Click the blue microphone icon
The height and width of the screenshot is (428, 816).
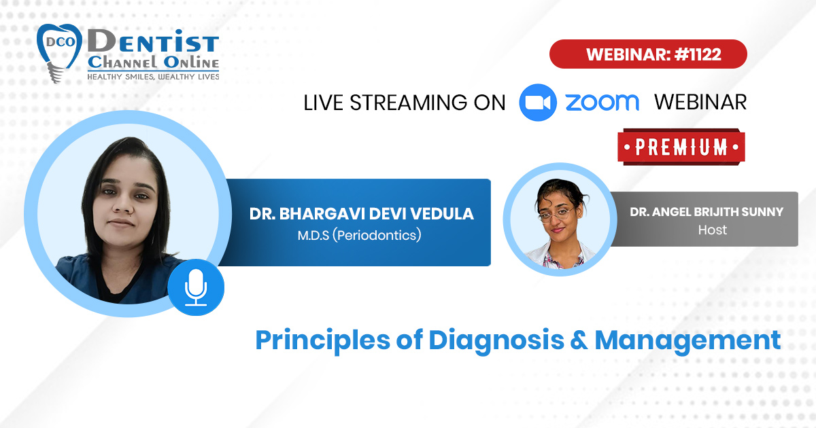(x=196, y=287)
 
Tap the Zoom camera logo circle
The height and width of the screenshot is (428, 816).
(x=538, y=103)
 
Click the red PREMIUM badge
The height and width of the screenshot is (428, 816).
(x=681, y=147)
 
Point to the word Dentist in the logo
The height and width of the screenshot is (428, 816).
(x=154, y=41)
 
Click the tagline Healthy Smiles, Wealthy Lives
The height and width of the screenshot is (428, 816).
(x=153, y=77)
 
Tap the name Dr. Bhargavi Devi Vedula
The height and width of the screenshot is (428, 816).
(x=361, y=213)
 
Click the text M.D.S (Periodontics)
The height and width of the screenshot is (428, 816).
(x=359, y=235)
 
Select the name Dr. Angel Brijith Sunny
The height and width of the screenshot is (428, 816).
(x=707, y=212)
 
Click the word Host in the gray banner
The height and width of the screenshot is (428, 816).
(x=712, y=230)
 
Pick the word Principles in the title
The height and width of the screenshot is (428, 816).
(x=323, y=340)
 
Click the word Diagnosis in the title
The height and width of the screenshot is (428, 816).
(x=496, y=340)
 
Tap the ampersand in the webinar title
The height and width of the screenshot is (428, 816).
(x=579, y=340)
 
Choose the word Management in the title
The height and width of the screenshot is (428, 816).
(x=687, y=340)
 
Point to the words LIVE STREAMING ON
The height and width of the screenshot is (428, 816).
(x=405, y=103)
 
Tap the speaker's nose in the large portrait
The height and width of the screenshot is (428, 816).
(x=123, y=206)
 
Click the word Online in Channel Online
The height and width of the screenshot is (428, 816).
(x=191, y=63)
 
